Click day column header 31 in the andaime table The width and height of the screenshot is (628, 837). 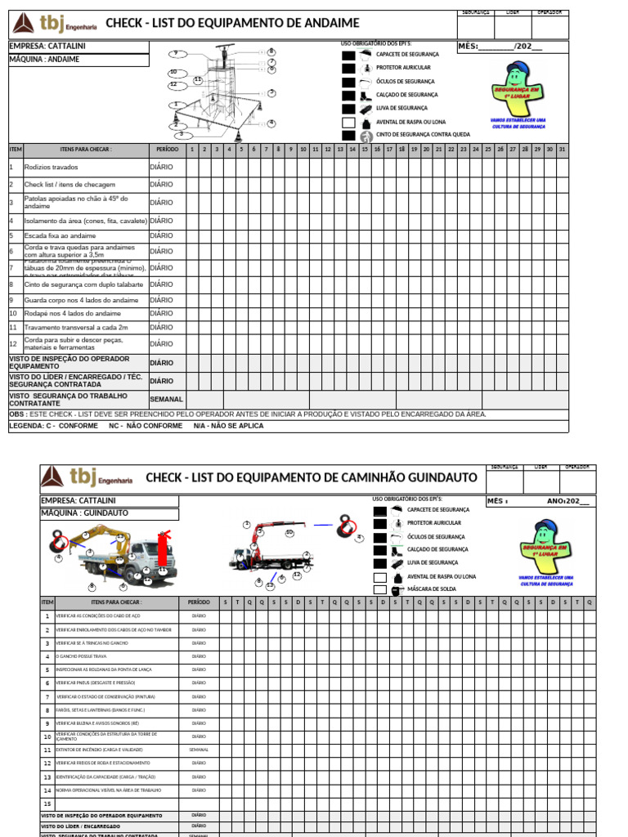(561, 150)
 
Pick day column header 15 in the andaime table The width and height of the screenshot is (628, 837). (364, 150)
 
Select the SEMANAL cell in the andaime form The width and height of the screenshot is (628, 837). (166, 400)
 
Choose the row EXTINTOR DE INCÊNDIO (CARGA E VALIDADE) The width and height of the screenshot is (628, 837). (100, 750)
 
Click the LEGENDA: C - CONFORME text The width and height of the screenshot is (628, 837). (54, 426)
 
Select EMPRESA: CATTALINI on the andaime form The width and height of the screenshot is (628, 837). (47, 46)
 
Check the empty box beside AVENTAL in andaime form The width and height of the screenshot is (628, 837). (348, 122)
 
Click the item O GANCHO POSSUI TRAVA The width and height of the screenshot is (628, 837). (82, 656)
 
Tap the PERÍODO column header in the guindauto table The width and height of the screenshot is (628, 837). (198, 602)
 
